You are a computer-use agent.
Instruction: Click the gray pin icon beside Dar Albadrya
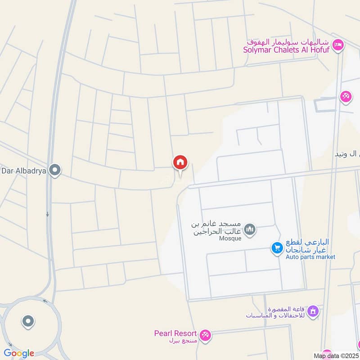click(x=55, y=171)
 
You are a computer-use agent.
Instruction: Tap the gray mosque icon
click(x=251, y=229)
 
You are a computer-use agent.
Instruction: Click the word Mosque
click(x=231, y=238)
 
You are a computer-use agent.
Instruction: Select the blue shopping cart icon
click(x=276, y=247)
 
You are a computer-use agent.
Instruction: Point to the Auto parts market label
click(x=310, y=257)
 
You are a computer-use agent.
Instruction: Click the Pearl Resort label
click(x=175, y=333)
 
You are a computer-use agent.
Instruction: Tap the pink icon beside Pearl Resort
click(x=206, y=335)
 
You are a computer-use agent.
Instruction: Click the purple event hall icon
click(x=313, y=311)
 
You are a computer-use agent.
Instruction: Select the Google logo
click(x=19, y=353)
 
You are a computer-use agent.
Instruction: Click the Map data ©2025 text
click(x=336, y=356)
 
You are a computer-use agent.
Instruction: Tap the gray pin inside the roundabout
click(x=28, y=321)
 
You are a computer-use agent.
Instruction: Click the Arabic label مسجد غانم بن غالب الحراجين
click(x=217, y=228)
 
